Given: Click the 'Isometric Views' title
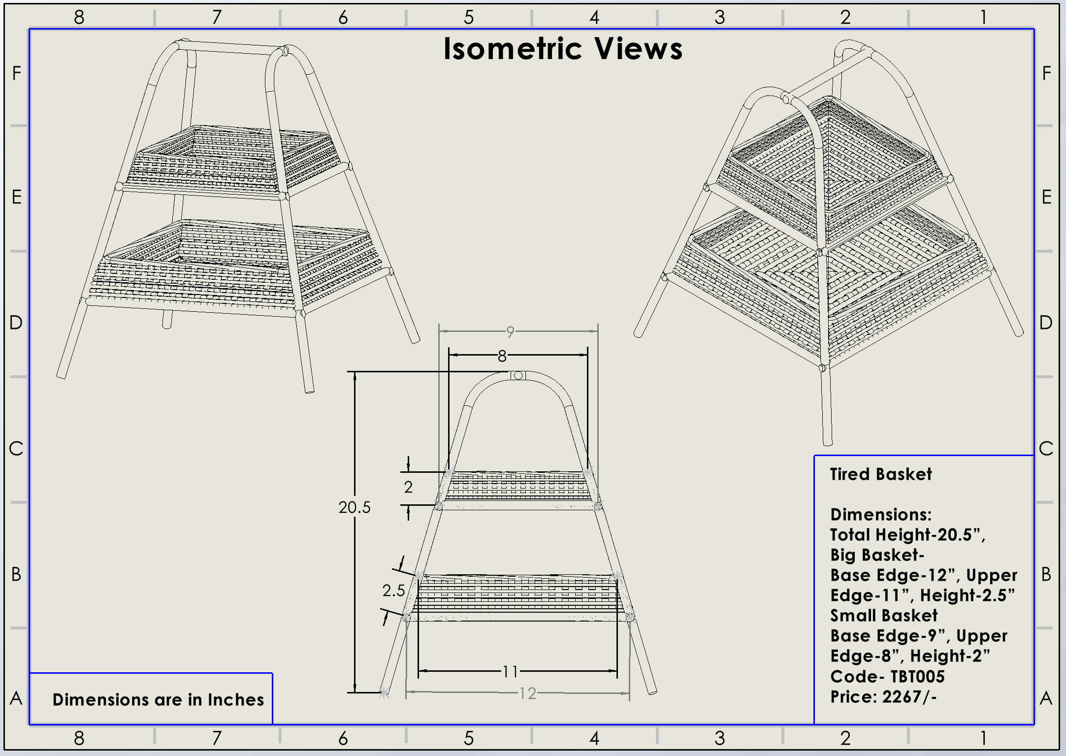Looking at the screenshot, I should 563,49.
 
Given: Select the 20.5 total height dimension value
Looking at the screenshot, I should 354,507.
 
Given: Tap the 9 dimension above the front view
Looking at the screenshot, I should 510,332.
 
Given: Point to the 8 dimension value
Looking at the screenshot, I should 502,356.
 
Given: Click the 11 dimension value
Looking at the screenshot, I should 510,671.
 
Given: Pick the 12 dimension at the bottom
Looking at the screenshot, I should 528,693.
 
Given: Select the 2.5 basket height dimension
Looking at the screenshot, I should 393,591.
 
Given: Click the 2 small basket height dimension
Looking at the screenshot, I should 408,487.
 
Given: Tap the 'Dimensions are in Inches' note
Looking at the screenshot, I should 158,700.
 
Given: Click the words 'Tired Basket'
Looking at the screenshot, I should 881,474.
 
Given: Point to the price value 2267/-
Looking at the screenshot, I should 909,697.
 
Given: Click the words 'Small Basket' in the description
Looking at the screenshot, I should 884,616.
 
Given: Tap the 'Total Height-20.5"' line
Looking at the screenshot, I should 907,535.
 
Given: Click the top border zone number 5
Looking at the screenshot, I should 469,18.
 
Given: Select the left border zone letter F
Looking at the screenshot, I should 17,74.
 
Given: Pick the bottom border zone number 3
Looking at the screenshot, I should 720,738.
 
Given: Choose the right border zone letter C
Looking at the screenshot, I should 1046,449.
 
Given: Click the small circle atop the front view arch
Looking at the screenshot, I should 518,376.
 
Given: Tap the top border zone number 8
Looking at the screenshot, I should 79,18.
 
